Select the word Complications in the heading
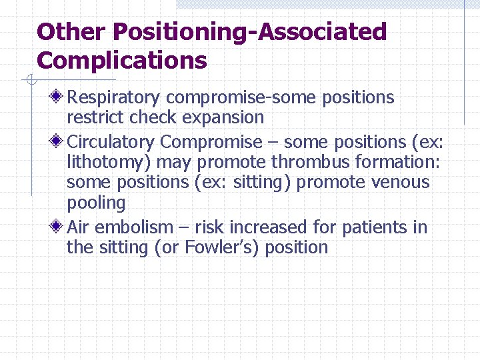[122, 61]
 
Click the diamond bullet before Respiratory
[59, 97]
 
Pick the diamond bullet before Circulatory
[59, 142]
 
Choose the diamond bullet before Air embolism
[59, 227]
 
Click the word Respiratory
[113, 98]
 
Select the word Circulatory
[111, 142]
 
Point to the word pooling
[96, 203]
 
